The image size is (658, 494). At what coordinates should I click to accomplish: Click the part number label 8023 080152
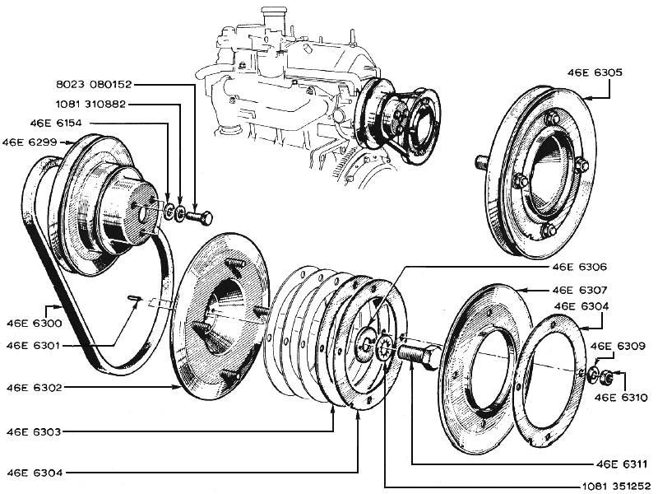(94, 85)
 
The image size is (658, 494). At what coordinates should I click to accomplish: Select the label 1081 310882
(90, 104)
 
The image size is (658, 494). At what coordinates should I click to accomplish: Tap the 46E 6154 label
(56, 123)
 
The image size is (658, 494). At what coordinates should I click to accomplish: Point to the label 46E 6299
(30, 142)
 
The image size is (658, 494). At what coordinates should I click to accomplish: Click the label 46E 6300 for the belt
(35, 323)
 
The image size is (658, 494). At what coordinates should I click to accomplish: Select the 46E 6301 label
(34, 346)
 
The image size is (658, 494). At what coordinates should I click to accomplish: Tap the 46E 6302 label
(34, 387)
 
